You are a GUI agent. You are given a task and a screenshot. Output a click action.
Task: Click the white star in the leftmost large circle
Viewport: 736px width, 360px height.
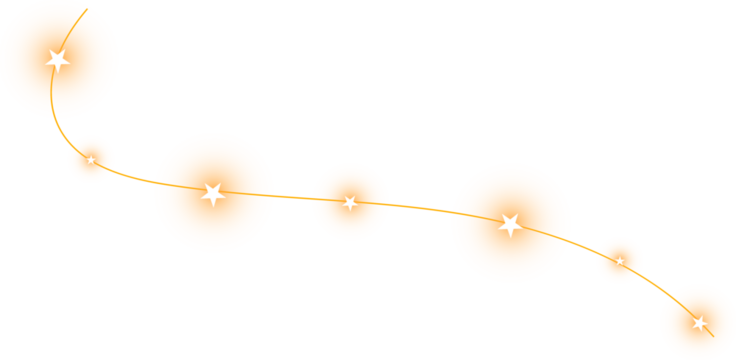pyautogui.click(x=58, y=60)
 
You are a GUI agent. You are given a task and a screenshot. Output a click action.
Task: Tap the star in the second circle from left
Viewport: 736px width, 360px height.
pyautogui.click(x=91, y=160)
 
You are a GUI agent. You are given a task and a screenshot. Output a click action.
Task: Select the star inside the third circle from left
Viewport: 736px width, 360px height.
pyautogui.click(x=212, y=194)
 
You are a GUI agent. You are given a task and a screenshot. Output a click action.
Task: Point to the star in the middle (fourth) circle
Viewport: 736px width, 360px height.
pyautogui.click(x=350, y=203)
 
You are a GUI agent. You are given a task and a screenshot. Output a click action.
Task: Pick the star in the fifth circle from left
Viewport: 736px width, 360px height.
pyautogui.click(x=510, y=224)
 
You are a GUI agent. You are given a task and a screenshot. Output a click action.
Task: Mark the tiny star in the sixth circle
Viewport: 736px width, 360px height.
pyautogui.click(x=620, y=261)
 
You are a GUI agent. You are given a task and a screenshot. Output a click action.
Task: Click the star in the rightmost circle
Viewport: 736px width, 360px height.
pyautogui.click(x=699, y=323)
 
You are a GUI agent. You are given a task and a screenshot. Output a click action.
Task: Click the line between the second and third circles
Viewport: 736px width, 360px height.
pyautogui.click(x=135, y=178)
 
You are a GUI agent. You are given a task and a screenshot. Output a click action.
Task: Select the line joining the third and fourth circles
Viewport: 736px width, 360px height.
pyautogui.click(x=292, y=196)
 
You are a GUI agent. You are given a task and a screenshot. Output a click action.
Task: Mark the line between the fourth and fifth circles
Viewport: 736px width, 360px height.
pyautogui.click(x=420, y=207)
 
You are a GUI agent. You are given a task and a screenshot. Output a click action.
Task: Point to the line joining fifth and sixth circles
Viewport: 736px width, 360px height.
pyautogui.click(x=583, y=244)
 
